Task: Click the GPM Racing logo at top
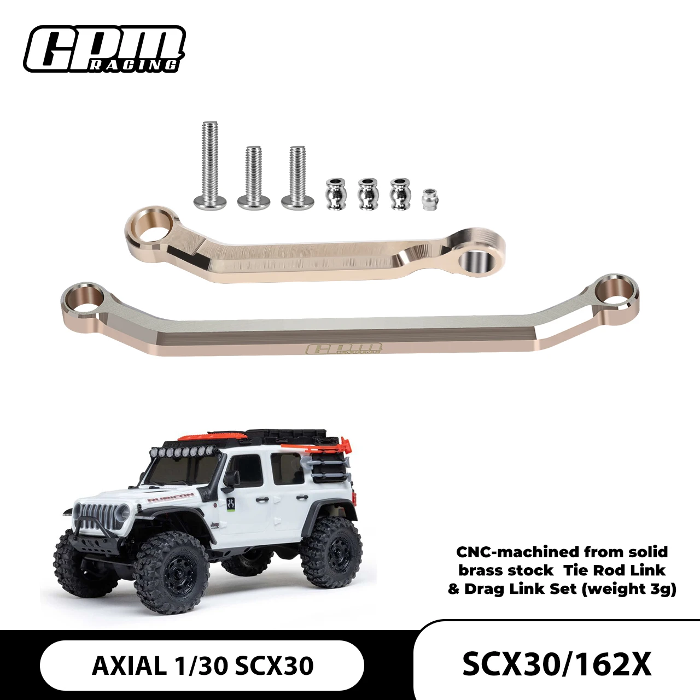click(x=104, y=49)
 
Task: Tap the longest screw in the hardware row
click(x=210, y=164)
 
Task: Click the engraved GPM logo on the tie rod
click(x=344, y=349)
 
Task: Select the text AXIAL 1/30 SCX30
click(x=202, y=666)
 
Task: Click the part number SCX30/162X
click(x=557, y=664)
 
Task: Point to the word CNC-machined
click(x=517, y=552)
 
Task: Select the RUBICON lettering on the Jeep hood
click(x=170, y=497)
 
